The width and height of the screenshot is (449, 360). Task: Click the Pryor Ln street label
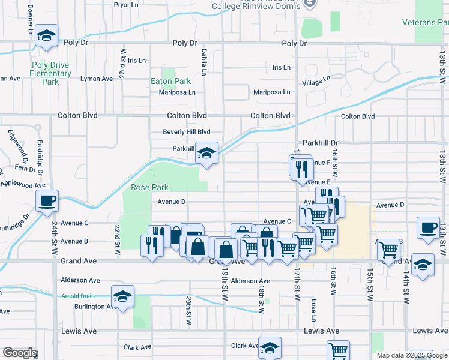pos(126,4)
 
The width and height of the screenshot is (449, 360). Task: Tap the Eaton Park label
pos(171,81)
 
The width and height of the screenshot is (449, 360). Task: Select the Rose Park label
pos(150,187)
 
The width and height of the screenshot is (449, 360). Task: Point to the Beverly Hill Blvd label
pos(187,132)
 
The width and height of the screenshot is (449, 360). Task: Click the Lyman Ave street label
pos(97,79)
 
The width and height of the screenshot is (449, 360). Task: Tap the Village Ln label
pos(316,80)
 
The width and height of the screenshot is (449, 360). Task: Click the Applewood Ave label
pos(23,185)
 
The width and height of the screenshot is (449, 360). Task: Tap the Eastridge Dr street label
pos(40,155)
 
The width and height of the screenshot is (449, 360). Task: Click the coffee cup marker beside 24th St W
pos(47,200)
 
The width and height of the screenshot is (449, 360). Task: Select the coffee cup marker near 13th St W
pos(429,228)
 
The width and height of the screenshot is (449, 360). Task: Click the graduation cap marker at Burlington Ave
pos(123,296)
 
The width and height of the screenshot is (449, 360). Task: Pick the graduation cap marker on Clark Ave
pos(270,347)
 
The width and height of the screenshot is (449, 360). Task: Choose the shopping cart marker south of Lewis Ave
pos(338,350)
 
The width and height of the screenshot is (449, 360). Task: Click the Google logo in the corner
pos(20,353)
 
